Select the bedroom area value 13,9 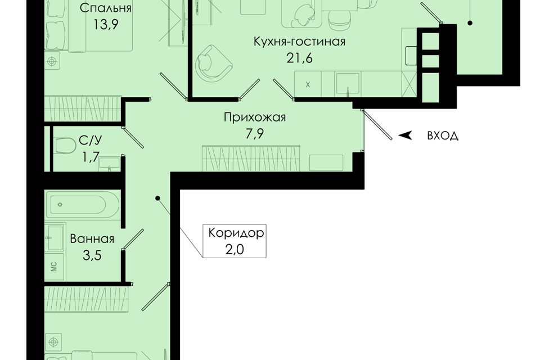[106, 25]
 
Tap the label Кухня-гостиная [299, 42]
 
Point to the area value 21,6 [299, 58]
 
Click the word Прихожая [254, 118]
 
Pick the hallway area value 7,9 [254, 134]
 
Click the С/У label [90, 141]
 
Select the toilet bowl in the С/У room [65, 146]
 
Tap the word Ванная [92, 238]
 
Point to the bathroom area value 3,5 [92, 255]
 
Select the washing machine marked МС [54, 266]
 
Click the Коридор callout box [235, 241]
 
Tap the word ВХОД [443, 136]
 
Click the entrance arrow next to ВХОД [406, 136]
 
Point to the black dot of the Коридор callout [157, 198]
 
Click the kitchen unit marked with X [308, 84]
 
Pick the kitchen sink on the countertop [348, 83]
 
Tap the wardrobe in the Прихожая [251, 158]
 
